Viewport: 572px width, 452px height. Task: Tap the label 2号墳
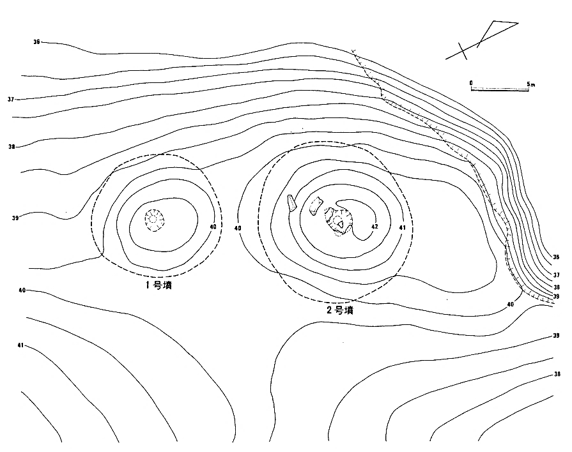(x=340, y=310)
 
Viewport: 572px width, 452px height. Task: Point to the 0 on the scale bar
(x=471, y=83)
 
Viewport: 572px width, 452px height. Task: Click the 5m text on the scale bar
(x=531, y=84)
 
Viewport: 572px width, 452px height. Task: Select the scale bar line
(x=500, y=89)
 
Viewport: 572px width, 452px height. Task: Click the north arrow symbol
(x=481, y=40)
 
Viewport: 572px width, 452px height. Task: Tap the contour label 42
(x=375, y=227)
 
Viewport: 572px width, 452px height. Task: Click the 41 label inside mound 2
(x=402, y=228)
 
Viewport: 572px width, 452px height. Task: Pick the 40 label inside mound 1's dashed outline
(x=213, y=227)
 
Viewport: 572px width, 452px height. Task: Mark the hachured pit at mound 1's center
(x=154, y=220)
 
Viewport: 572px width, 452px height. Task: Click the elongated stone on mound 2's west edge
(x=291, y=204)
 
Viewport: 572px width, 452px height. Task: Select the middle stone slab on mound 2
(x=316, y=206)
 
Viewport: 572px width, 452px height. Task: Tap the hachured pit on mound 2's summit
(x=339, y=222)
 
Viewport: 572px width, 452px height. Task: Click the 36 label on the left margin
(x=36, y=42)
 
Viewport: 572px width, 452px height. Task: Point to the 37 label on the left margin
(x=11, y=99)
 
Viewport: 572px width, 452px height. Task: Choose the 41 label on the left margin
(x=20, y=345)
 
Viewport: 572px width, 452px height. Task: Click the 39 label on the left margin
(x=15, y=218)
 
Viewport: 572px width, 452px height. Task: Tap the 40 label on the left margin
(x=22, y=290)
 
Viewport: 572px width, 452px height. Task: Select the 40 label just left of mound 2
(x=238, y=228)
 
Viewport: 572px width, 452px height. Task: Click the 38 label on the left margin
(x=12, y=147)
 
